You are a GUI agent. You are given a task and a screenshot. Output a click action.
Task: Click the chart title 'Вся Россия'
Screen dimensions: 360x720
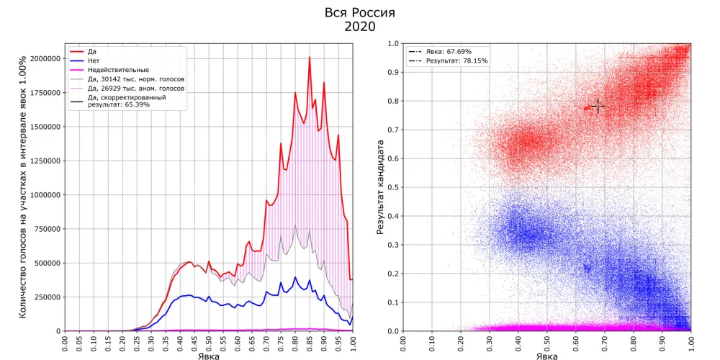point(360,13)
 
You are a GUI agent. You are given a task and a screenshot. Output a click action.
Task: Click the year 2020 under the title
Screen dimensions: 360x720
point(360,27)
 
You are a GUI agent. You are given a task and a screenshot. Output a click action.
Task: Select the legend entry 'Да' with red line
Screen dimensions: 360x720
point(92,52)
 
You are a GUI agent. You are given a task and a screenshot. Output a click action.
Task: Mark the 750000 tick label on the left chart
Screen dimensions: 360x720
point(45,229)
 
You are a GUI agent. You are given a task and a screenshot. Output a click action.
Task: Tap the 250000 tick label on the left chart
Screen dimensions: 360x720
point(45,297)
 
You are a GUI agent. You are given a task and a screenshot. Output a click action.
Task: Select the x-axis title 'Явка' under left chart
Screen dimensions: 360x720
point(209,355)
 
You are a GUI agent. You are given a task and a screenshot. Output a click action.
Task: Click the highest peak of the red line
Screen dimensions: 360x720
point(310,58)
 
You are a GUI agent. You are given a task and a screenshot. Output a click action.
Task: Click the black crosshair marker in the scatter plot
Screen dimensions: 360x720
point(597,107)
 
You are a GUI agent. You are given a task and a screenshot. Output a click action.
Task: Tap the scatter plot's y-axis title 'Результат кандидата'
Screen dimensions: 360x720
point(381,187)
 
